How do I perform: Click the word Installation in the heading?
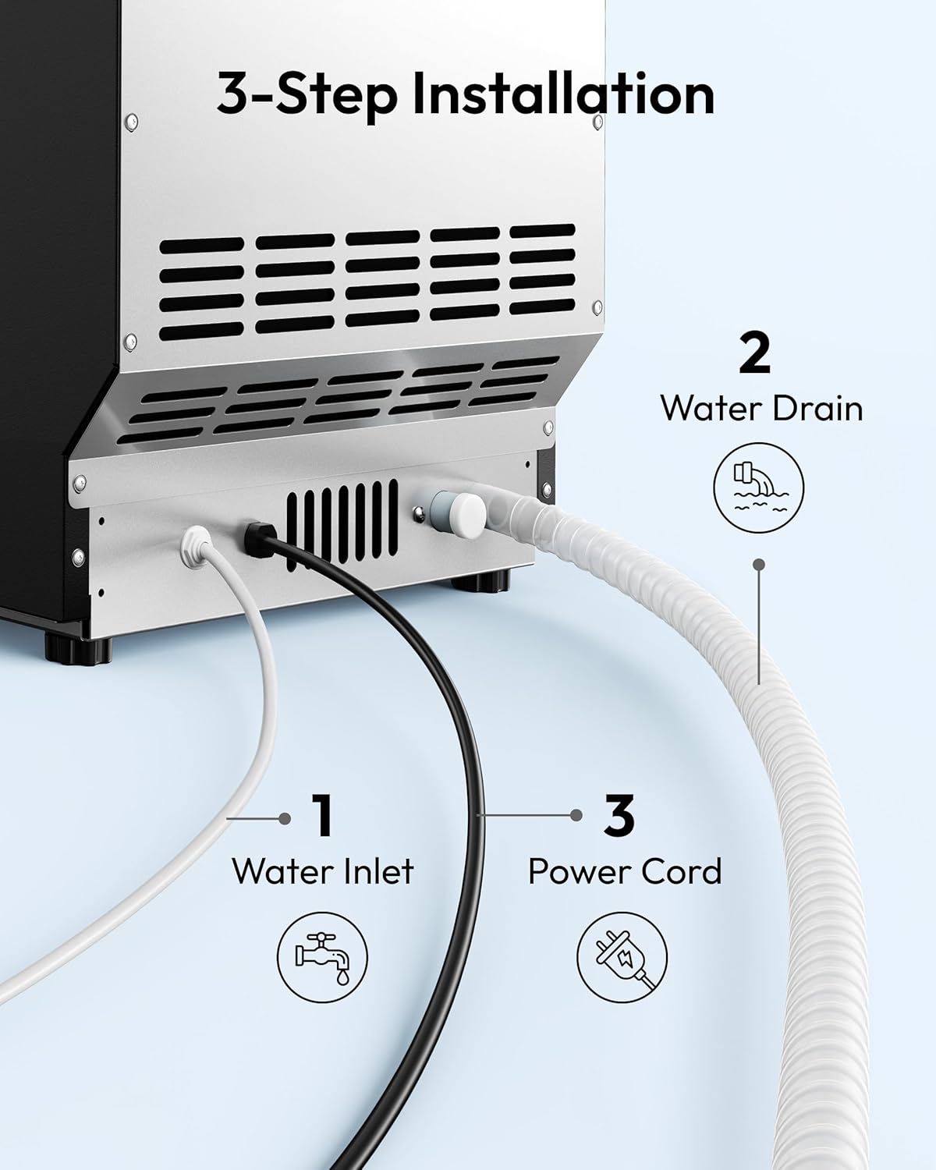pos(563,94)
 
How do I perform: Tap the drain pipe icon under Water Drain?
pos(758,487)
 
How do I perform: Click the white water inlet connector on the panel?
pos(196,544)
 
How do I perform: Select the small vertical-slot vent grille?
pos(342,525)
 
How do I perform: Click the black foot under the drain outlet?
pos(480,580)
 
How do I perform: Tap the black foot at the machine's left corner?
pos(78,649)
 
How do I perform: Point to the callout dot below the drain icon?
pos(760,565)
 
